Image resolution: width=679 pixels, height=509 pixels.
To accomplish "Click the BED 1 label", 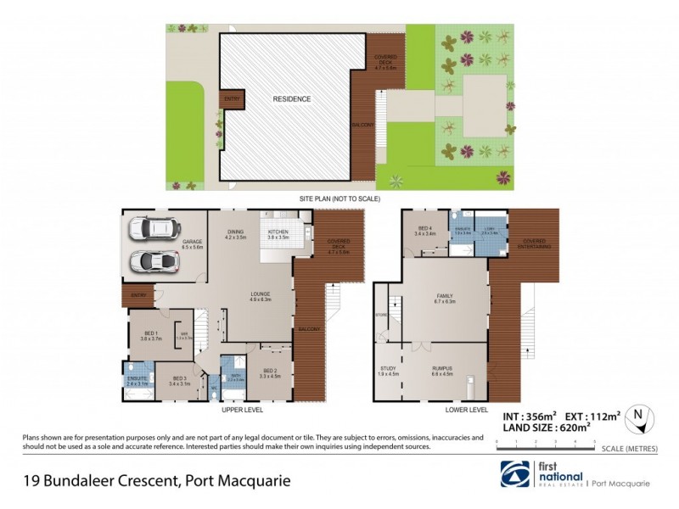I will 149,335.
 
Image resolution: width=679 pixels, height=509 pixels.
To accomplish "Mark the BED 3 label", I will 178,378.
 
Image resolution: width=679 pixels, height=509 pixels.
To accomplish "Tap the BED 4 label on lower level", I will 426,227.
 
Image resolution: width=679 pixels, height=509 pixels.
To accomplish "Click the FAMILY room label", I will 445,296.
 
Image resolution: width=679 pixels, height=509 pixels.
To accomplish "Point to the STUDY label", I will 388,367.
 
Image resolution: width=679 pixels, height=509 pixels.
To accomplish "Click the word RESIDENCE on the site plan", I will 291,99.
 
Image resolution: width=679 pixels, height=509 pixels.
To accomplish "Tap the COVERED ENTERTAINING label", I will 535,242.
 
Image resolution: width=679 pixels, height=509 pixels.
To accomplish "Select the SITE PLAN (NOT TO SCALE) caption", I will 339,199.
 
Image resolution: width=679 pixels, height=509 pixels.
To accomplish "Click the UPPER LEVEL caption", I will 242,410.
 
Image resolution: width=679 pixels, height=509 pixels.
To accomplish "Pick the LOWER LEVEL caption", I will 467,410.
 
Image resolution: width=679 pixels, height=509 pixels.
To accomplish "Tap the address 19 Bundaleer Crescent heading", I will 155,480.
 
